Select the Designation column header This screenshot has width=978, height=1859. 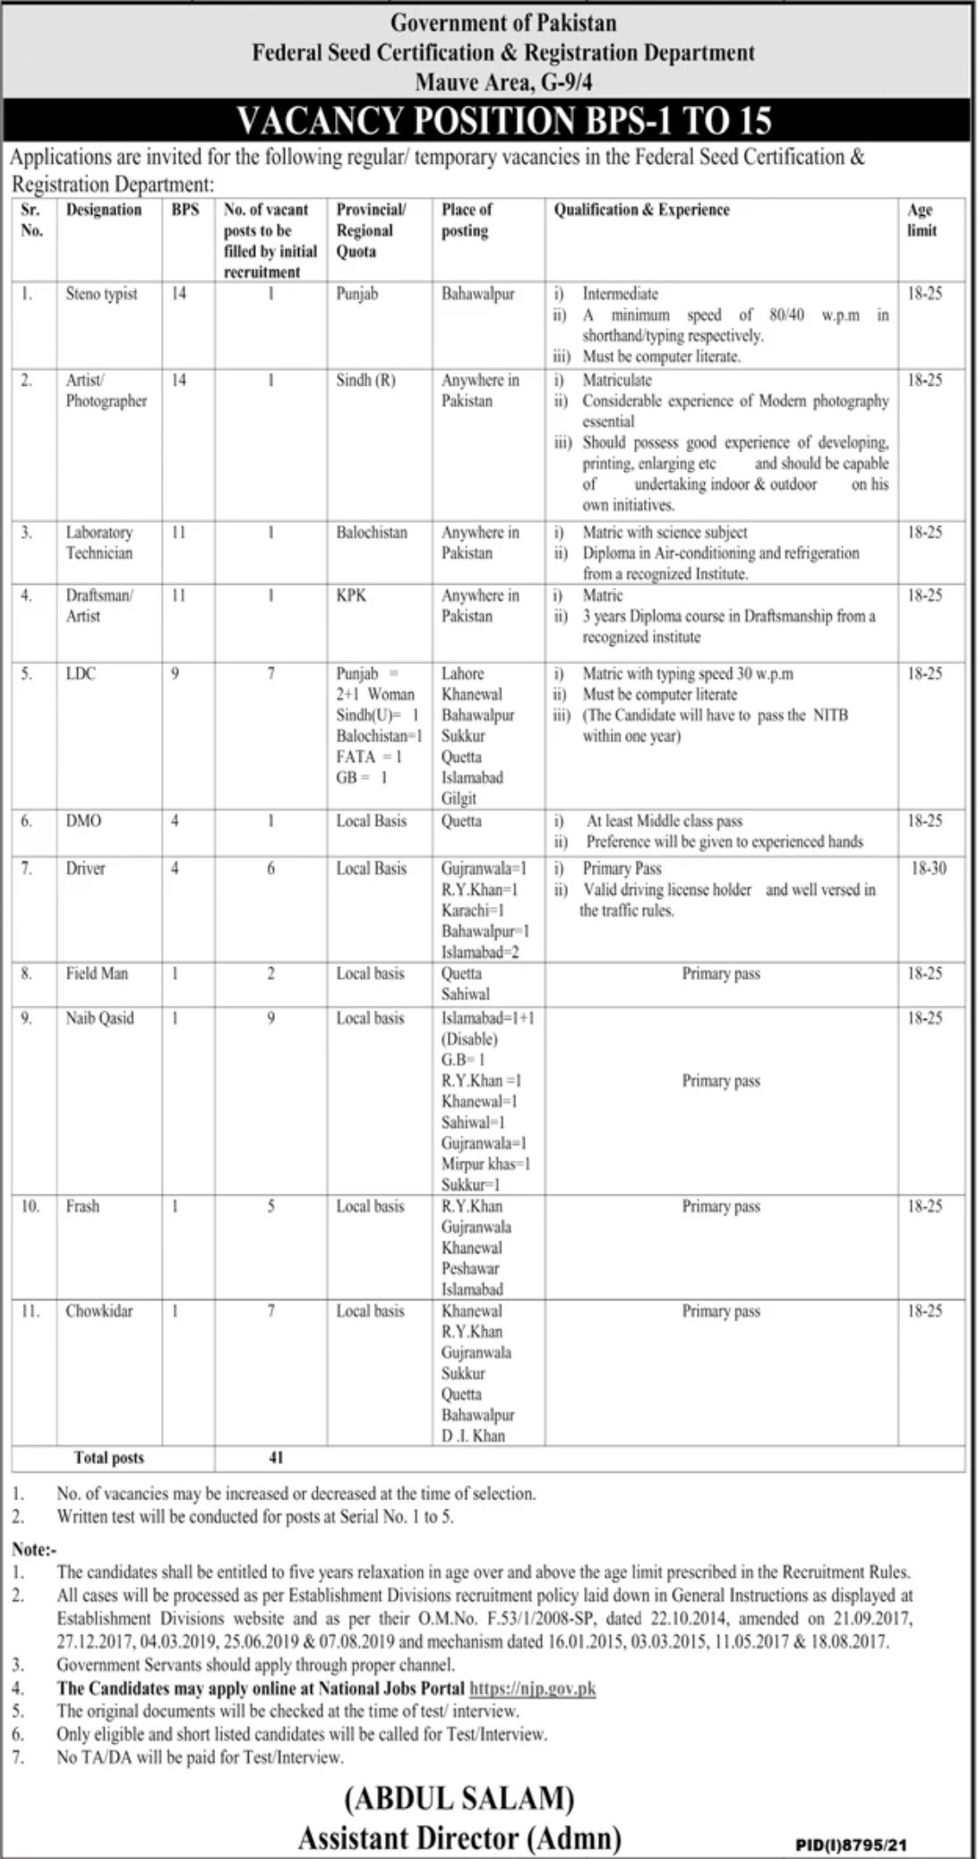coord(104,210)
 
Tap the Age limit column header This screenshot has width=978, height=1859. coord(922,219)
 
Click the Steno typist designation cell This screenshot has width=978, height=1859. coord(101,294)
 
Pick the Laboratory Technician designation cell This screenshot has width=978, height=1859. coord(99,543)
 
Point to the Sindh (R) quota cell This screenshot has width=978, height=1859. coord(365,380)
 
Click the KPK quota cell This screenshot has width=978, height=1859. coord(351,595)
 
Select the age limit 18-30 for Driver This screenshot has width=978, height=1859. coord(928,868)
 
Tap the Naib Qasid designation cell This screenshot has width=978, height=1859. coord(99,1018)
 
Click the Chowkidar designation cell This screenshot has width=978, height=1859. coord(99,1311)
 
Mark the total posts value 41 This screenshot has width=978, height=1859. coord(276,1457)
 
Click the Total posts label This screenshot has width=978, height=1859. coord(109,1458)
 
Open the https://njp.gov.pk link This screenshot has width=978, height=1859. coord(532,1689)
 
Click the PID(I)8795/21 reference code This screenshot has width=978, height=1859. coord(851,1846)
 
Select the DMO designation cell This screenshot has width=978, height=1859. coord(83,821)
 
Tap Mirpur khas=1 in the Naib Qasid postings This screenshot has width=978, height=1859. coord(485,1164)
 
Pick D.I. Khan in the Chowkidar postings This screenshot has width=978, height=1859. coord(473,1435)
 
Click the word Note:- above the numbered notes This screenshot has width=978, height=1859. coord(34,1548)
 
